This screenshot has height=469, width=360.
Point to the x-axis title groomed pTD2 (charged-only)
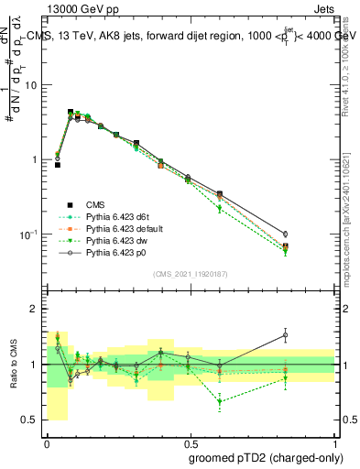pyautogui.click(x=265, y=457)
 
